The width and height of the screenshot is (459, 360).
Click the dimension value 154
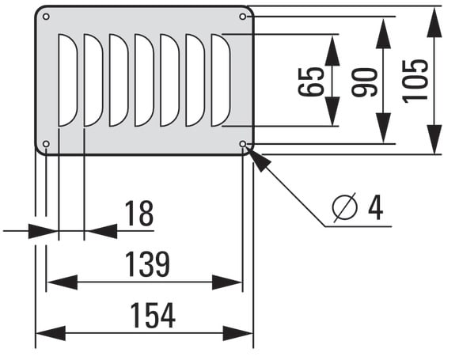153,315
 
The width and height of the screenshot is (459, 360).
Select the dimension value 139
147,264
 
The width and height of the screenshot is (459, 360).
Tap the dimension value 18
138,214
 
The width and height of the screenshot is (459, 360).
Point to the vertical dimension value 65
311,81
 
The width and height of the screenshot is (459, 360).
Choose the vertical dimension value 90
364,82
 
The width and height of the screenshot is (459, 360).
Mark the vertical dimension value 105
415,81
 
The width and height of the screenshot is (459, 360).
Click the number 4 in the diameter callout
376,207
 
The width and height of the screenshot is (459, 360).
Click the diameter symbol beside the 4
345,207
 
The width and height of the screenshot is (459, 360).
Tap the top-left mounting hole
46,17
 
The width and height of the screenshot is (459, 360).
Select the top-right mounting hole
243,17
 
